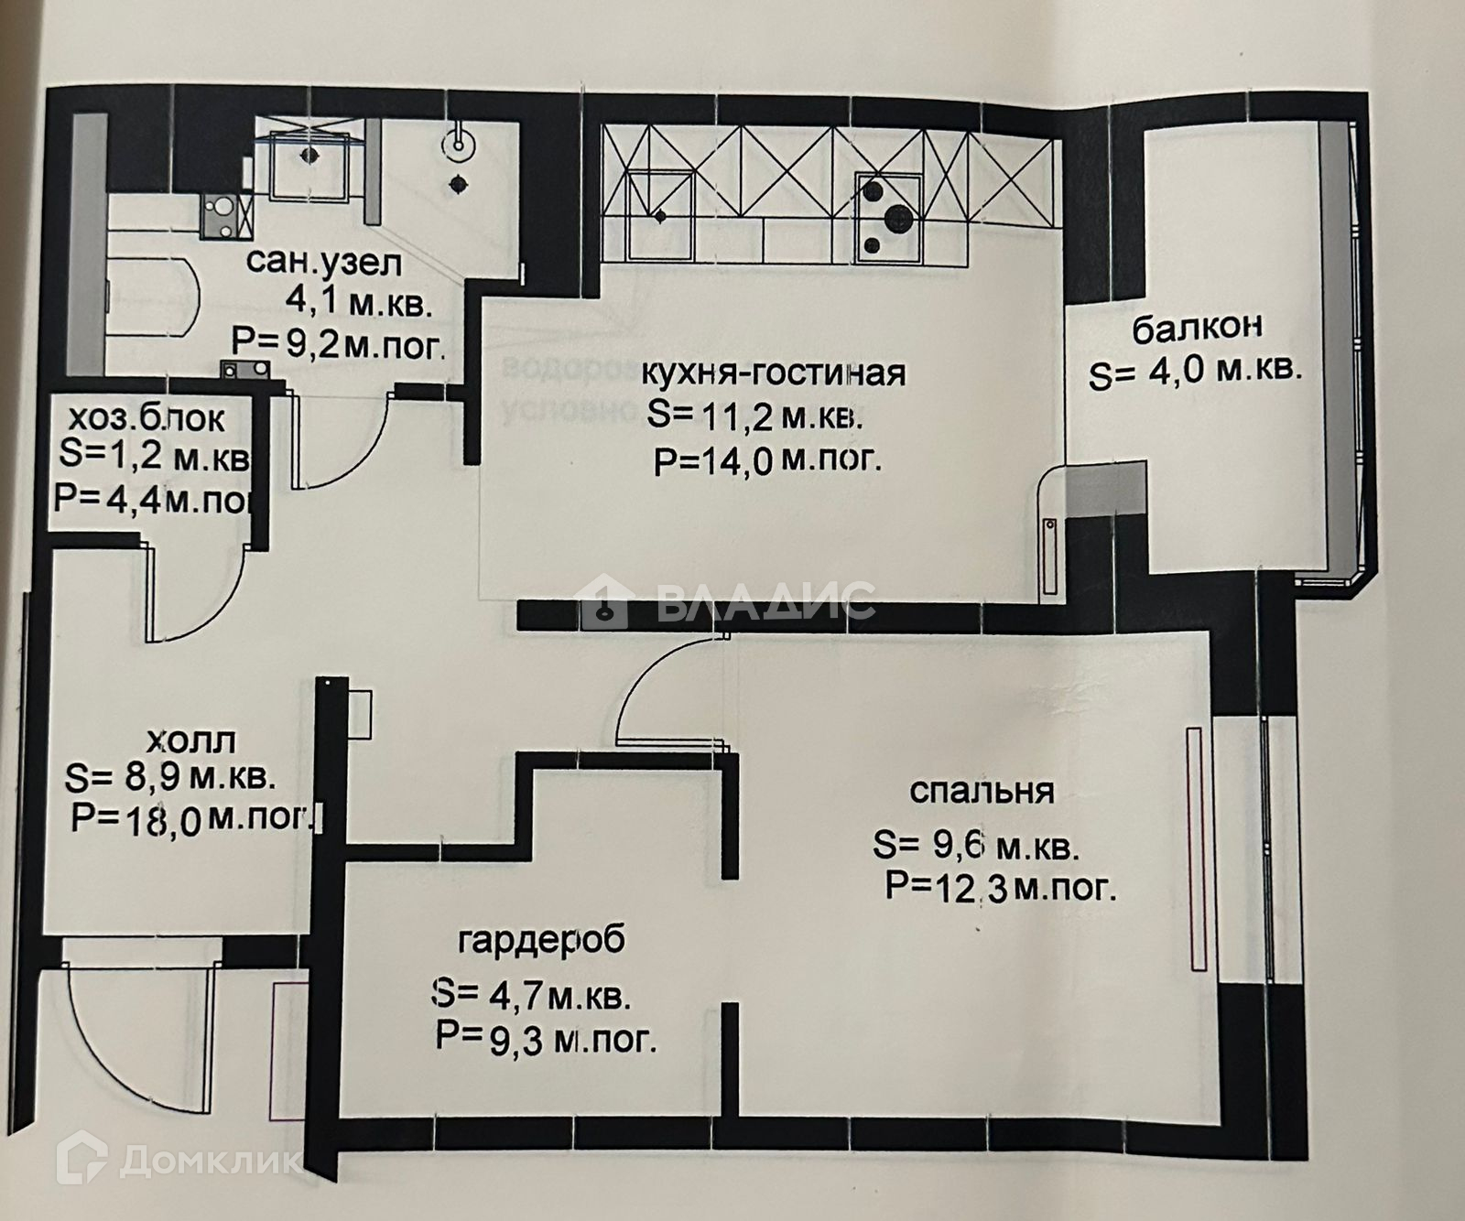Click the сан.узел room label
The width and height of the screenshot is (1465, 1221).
324,264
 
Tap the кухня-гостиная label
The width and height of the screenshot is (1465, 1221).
774,373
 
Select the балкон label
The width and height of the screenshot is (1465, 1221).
1198,328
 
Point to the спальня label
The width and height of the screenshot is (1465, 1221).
982,791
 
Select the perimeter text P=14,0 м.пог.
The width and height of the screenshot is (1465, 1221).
768,460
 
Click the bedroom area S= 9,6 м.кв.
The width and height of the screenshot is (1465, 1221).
976,846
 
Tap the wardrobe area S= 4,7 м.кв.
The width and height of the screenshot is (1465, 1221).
531,994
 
